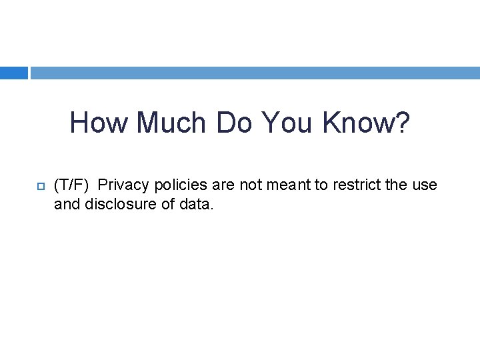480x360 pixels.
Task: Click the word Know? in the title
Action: [367, 123]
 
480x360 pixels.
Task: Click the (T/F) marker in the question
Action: [71, 185]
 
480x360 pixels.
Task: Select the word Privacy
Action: [121, 185]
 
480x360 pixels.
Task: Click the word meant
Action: [288, 185]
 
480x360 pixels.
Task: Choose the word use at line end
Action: [425, 185]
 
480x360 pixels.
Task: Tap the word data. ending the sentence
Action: [197, 205]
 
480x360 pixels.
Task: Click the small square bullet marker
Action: [39, 185]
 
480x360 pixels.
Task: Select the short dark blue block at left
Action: [13, 73]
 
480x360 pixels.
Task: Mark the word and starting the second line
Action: [66, 205]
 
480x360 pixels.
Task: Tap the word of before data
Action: [168, 205]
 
